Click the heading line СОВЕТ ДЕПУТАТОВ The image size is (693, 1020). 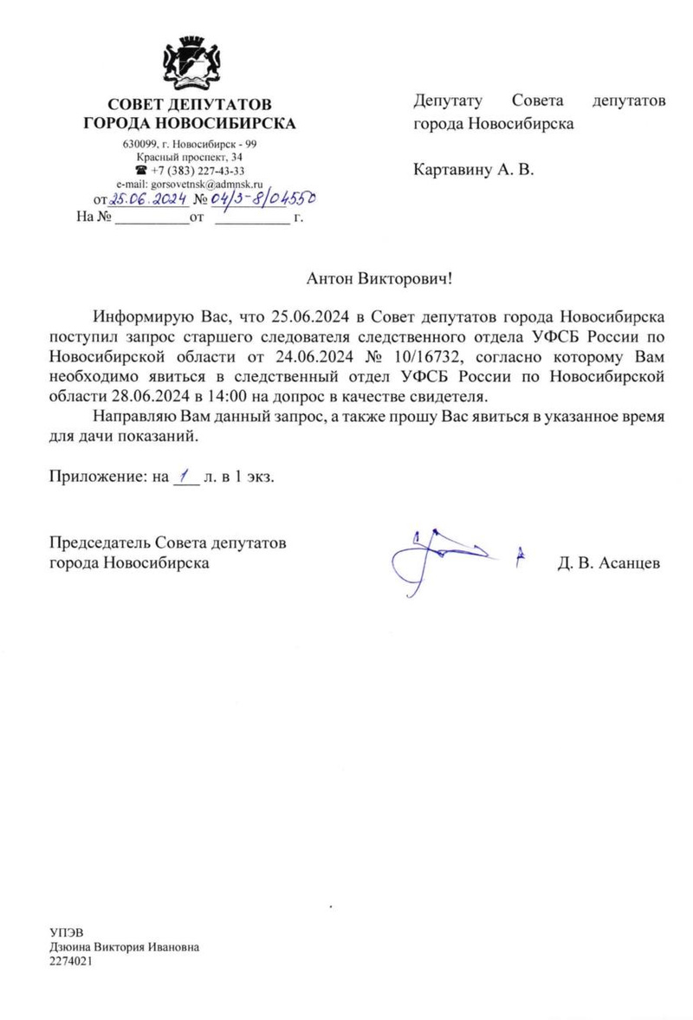point(190,106)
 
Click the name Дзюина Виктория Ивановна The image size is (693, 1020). point(124,946)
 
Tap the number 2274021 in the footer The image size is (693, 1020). point(72,961)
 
